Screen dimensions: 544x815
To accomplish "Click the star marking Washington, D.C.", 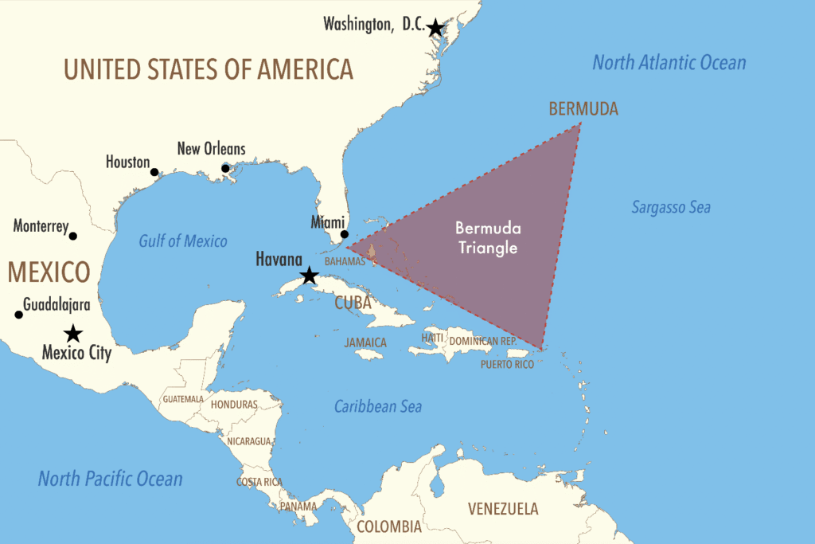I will [435, 28].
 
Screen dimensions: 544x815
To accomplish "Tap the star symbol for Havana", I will [309, 276].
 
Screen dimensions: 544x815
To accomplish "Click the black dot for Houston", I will [154, 171].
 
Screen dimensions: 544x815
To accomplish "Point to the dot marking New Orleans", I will [225, 168].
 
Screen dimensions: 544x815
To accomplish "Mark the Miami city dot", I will [345, 234].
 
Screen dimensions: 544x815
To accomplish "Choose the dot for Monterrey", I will [73, 236].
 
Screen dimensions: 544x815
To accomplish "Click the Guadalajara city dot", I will [19, 315].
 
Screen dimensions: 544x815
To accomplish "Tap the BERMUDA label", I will [583, 109].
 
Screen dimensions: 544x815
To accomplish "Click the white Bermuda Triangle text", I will [486, 237].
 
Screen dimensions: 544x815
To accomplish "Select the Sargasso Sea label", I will [671, 208].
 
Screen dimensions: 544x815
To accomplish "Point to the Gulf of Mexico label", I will [182, 241].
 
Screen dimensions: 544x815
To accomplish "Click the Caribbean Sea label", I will [377, 406].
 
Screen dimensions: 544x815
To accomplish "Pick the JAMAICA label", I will [365, 342].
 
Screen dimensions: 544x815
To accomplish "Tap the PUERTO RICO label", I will [508, 364].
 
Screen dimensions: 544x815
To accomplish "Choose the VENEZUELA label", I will [502, 509].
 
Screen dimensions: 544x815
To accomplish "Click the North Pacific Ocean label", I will [110, 479].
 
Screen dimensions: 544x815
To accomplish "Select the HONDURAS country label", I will [234, 405].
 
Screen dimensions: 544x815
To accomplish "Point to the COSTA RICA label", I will [259, 482].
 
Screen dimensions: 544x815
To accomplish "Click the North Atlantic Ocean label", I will [669, 63].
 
